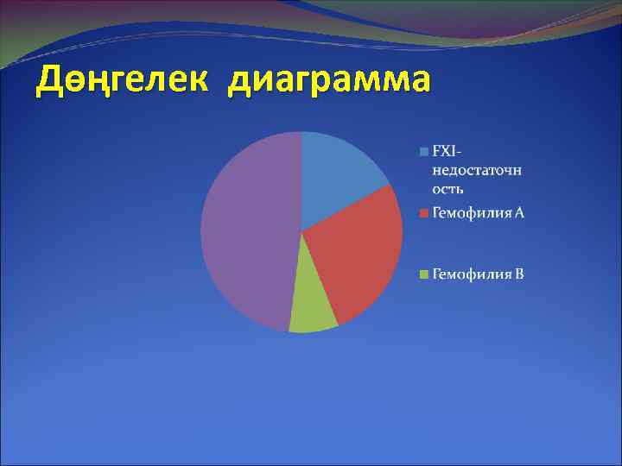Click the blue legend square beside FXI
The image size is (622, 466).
tap(423, 152)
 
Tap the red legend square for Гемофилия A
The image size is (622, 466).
tap(423, 212)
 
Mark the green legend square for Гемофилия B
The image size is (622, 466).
tap(423, 275)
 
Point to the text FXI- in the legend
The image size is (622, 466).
tap(447, 152)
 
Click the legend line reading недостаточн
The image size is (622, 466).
tap(476, 170)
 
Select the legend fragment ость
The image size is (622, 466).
tap(448, 188)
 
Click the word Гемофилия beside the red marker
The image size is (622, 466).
tap(472, 212)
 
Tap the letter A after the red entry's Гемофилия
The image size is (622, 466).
tap(518, 212)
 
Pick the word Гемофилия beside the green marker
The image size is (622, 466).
tap(472, 275)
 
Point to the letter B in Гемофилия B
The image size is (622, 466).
tap(519, 275)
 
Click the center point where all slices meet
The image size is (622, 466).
tap(301, 232)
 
